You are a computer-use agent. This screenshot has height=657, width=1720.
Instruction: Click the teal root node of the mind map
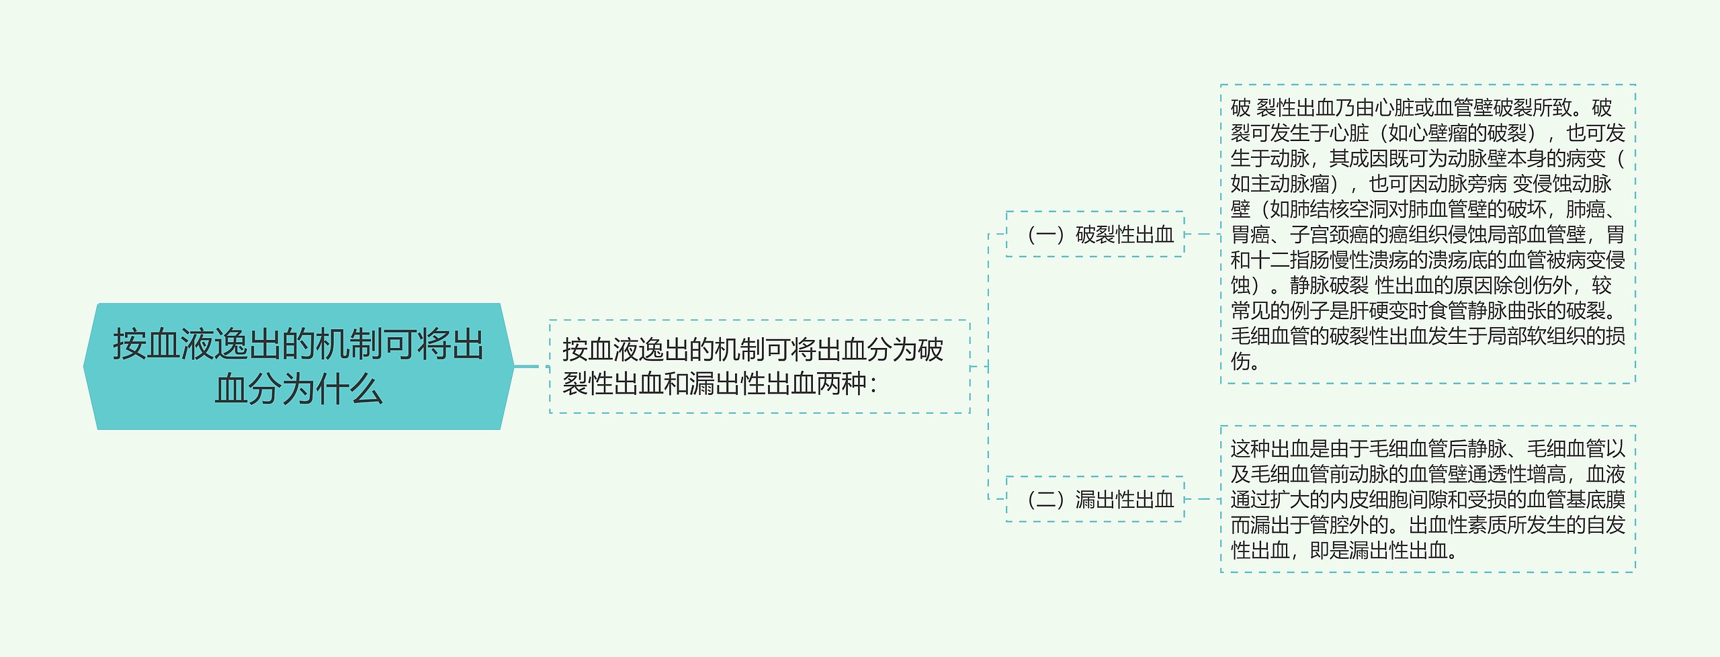point(298,366)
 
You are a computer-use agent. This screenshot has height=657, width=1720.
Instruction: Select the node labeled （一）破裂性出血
point(1094,234)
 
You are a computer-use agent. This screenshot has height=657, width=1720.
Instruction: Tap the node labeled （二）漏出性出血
point(1094,499)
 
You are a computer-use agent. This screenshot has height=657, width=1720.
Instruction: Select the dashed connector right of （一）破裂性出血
point(1202,234)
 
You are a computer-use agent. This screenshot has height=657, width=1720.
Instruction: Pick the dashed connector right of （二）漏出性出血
point(1202,499)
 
